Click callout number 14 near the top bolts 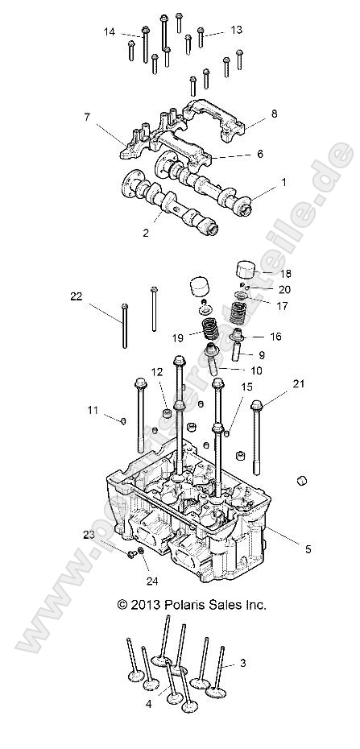click(x=109, y=31)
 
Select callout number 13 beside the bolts click(x=236, y=30)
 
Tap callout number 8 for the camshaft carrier click(x=274, y=114)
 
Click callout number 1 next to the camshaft click(x=283, y=183)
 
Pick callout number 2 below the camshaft click(x=145, y=233)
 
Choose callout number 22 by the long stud click(x=77, y=297)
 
